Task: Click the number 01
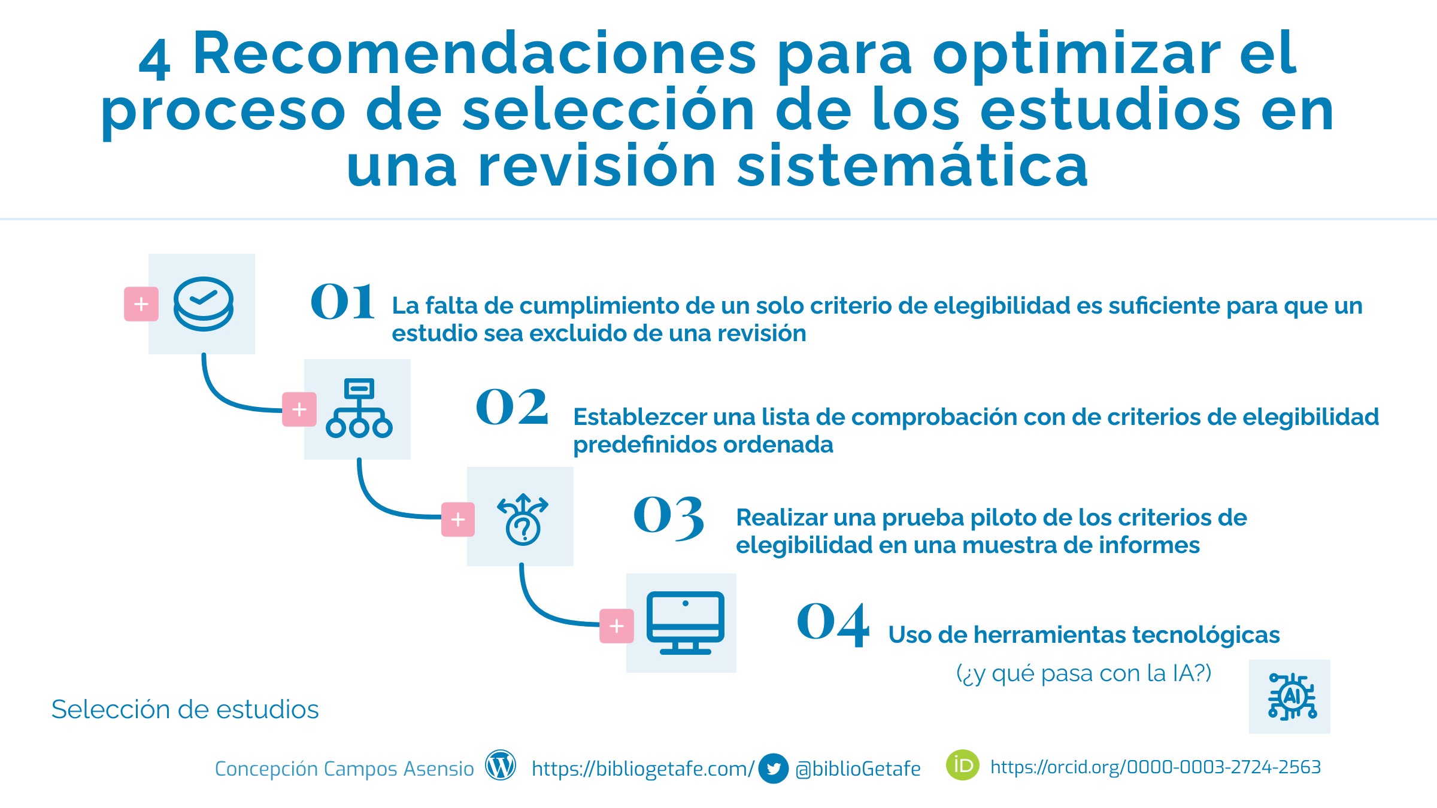(342, 301)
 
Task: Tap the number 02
(512, 406)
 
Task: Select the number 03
(669, 518)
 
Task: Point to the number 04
(833, 624)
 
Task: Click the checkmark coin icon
(204, 303)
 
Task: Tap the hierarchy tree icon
(359, 408)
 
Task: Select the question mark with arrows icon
(523, 519)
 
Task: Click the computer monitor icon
(686, 623)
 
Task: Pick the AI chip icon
(1292, 696)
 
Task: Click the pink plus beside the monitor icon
(617, 626)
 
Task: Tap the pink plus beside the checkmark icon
(141, 304)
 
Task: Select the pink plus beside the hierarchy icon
(299, 409)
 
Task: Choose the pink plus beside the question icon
(458, 520)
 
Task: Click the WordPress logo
(501, 766)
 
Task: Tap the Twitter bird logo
(773, 768)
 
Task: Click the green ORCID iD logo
(963, 765)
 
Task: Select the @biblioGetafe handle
(858, 768)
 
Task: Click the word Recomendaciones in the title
(475, 54)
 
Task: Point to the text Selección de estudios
(185, 709)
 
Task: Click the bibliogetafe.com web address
(643, 769)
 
